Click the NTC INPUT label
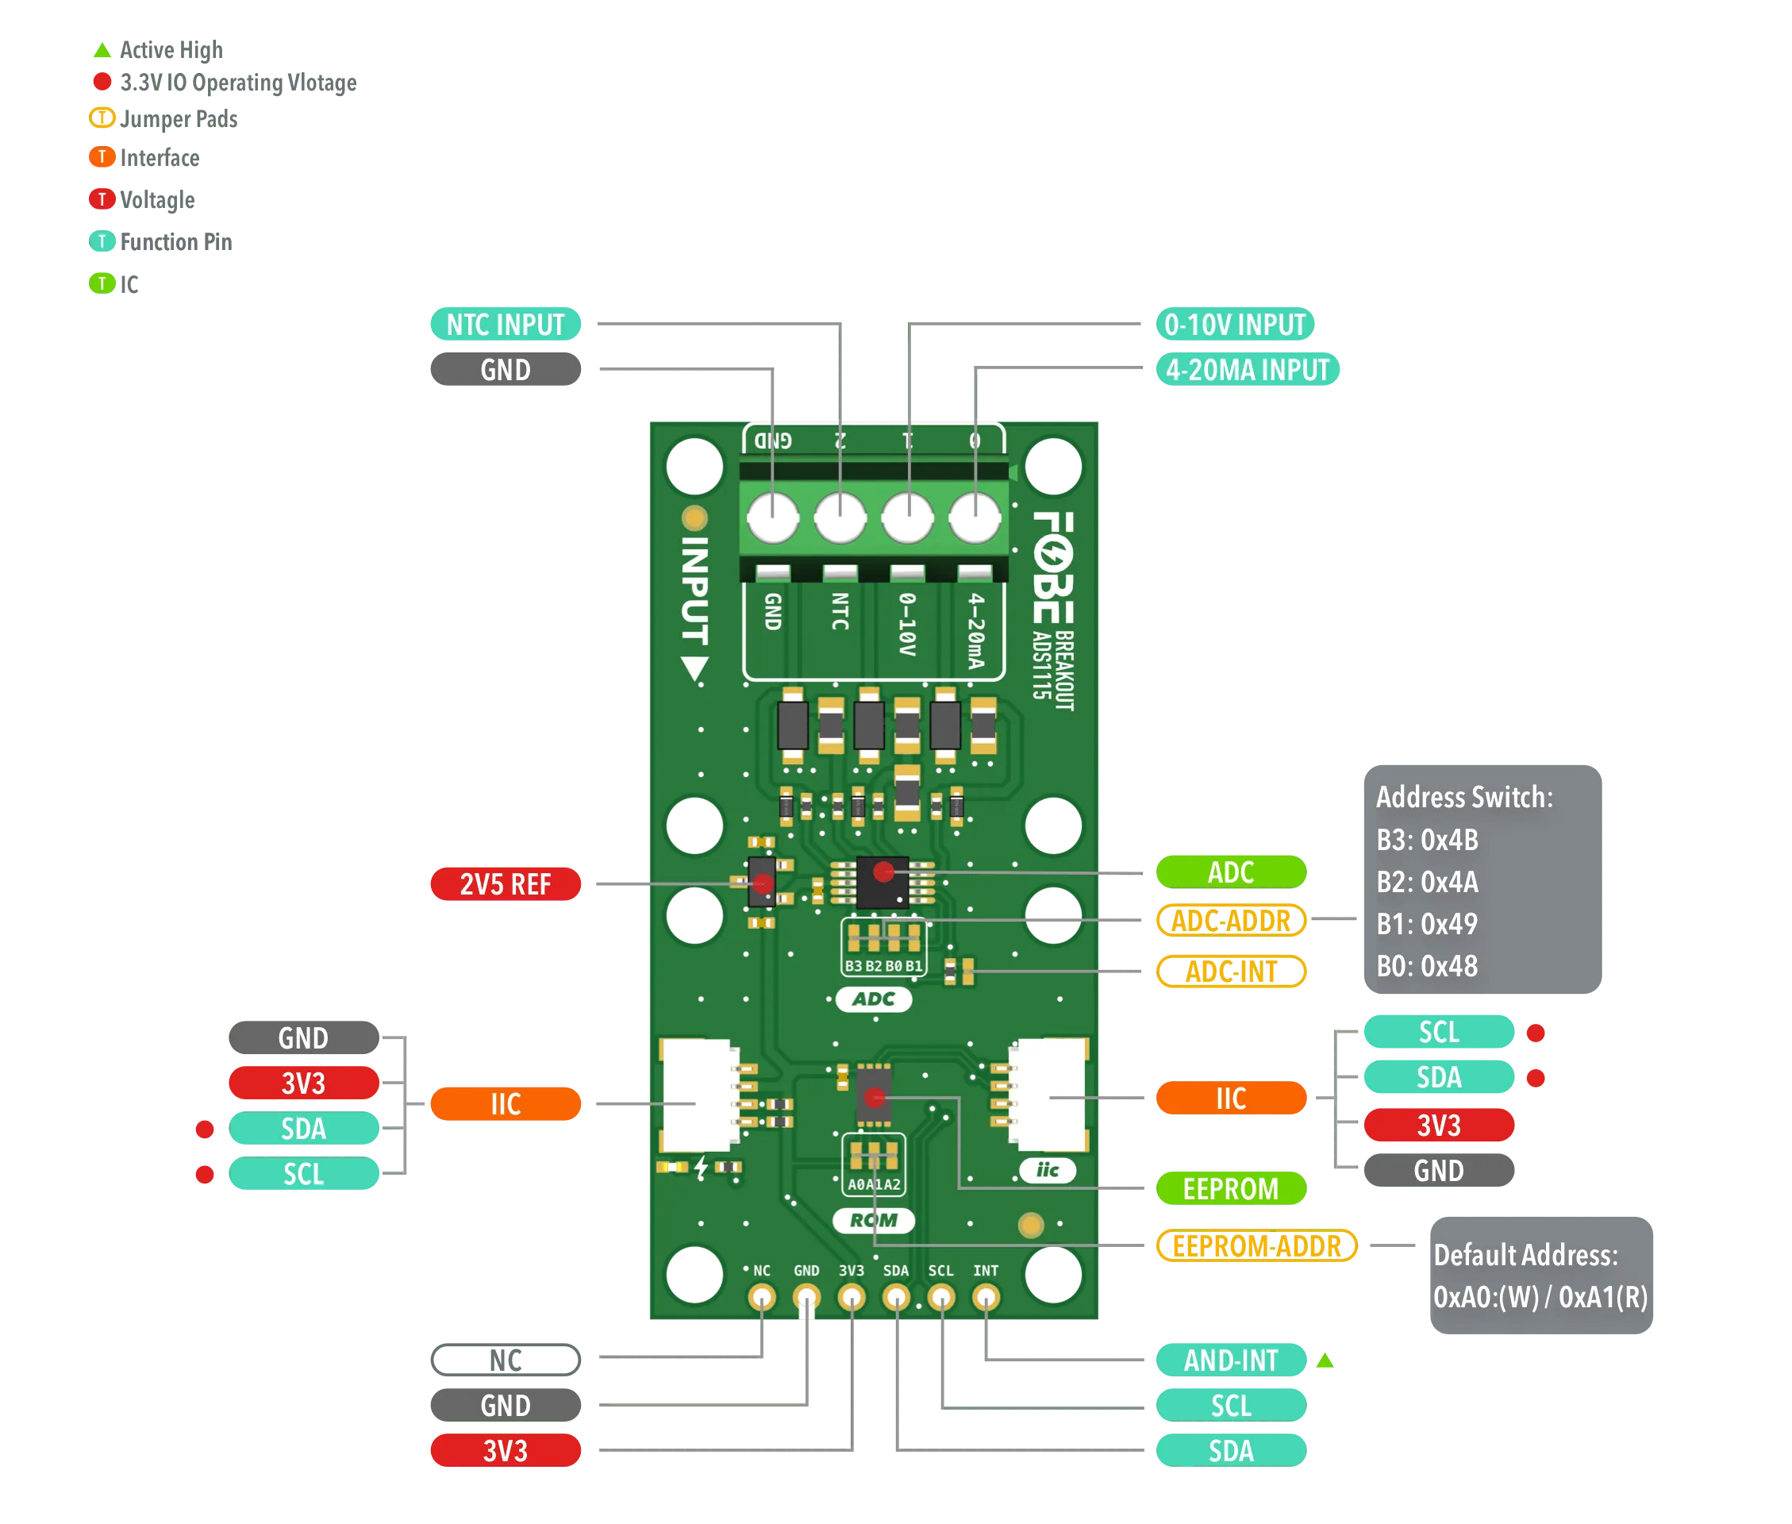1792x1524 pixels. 506,325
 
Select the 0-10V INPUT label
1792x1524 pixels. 1234,325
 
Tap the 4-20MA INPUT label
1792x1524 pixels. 1247,370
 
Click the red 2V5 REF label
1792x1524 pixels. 506,883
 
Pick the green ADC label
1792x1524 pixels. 1231,872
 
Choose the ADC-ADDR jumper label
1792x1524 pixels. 1231,921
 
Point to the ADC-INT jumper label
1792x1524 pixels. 1231,971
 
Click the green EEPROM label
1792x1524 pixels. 1231,1189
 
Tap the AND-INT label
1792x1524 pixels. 1231,1360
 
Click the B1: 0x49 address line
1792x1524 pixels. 1427,924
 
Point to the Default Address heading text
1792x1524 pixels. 1525,1254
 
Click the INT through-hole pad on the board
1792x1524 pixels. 986,1297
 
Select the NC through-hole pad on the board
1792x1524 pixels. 762,1297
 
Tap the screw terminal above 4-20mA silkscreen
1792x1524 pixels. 975,518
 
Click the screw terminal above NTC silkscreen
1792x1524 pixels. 840,518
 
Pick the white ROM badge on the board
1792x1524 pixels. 873,1220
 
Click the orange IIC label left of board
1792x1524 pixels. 506,1103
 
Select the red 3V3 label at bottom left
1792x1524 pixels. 506,1450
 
